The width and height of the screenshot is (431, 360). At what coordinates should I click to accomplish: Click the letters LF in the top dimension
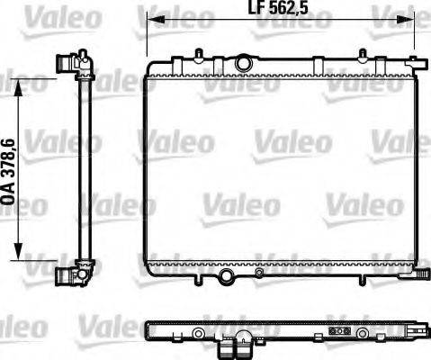[255, 12]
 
